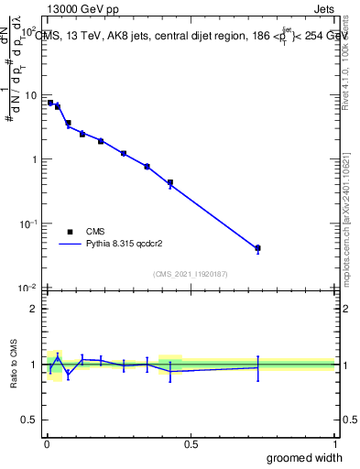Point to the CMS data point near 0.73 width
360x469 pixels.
257,248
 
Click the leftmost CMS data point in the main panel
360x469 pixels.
50,103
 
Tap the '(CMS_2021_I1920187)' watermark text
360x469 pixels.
190,274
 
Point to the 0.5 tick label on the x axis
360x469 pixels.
191,444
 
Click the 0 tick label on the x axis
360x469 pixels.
47,444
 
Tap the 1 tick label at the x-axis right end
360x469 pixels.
334,444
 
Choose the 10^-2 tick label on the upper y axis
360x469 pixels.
27,288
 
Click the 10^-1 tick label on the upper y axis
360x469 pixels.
27,224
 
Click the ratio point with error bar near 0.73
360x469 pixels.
257,367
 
